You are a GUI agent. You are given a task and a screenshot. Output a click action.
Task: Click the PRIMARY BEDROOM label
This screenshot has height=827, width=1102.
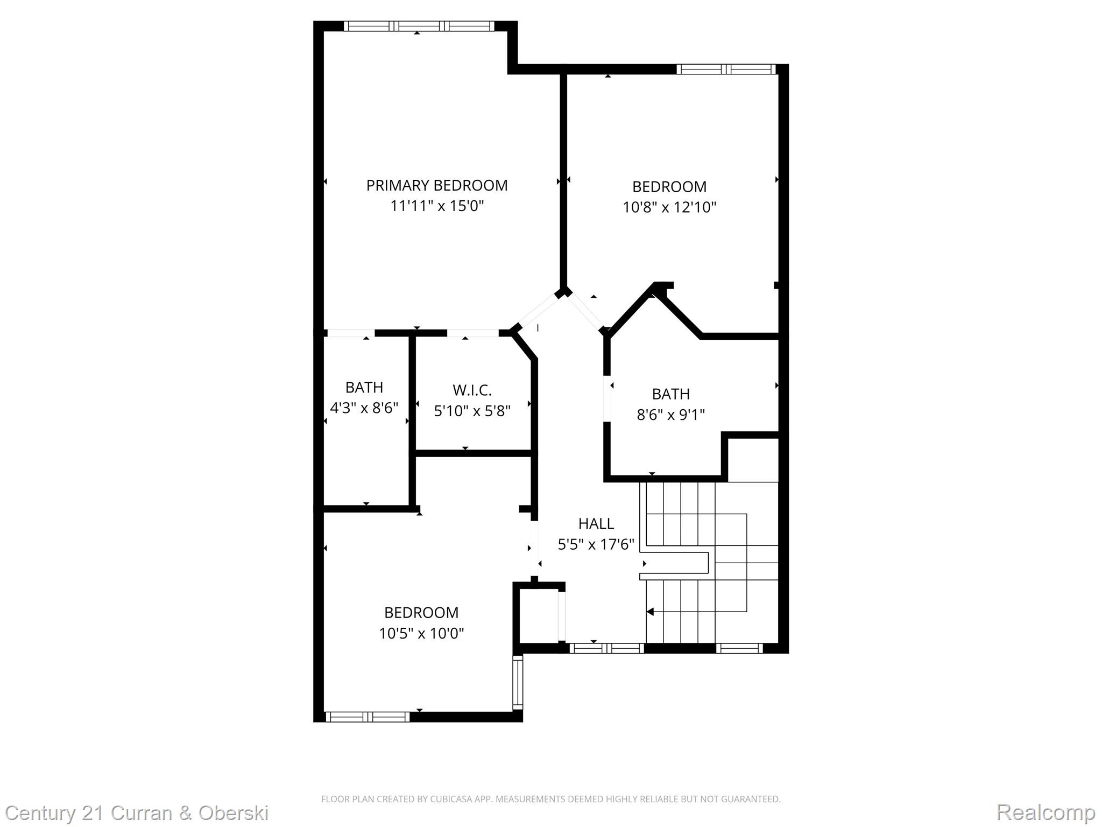(436, 186)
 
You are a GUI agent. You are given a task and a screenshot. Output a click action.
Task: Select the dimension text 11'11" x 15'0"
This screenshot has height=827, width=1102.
(437, 206)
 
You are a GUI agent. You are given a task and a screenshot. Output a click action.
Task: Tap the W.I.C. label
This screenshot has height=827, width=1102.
(472, 390)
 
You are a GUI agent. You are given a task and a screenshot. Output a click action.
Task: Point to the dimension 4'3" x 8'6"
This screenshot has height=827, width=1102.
(364, 408)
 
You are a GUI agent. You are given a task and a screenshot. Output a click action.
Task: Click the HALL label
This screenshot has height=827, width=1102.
(596, 523)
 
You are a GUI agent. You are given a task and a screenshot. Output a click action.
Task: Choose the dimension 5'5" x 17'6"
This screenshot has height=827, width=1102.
(596, 545)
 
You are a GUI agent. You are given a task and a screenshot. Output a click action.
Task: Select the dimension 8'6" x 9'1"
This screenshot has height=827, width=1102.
(670, 415)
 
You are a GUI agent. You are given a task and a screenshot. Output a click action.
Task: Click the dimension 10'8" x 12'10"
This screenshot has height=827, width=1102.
(669, 207)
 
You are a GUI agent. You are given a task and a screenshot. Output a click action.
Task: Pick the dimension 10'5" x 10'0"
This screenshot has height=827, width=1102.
(421, 633)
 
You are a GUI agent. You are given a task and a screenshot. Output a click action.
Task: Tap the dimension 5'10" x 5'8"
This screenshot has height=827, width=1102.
(472, 411)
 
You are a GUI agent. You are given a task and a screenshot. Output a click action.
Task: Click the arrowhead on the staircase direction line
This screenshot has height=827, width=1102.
(650, 612)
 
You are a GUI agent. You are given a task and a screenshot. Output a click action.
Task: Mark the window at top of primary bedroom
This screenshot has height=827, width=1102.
(419, 26)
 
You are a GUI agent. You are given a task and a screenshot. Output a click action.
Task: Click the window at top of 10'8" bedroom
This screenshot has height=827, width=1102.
(726, 69)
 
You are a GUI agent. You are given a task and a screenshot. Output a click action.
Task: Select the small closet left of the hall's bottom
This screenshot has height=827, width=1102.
(538, 615)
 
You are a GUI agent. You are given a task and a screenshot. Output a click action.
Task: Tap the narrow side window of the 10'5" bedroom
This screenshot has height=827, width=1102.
(517, 682)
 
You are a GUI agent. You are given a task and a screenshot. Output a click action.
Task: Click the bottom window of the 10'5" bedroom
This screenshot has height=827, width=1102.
(368, 717)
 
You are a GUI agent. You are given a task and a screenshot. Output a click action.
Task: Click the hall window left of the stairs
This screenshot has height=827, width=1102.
(606, 648)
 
